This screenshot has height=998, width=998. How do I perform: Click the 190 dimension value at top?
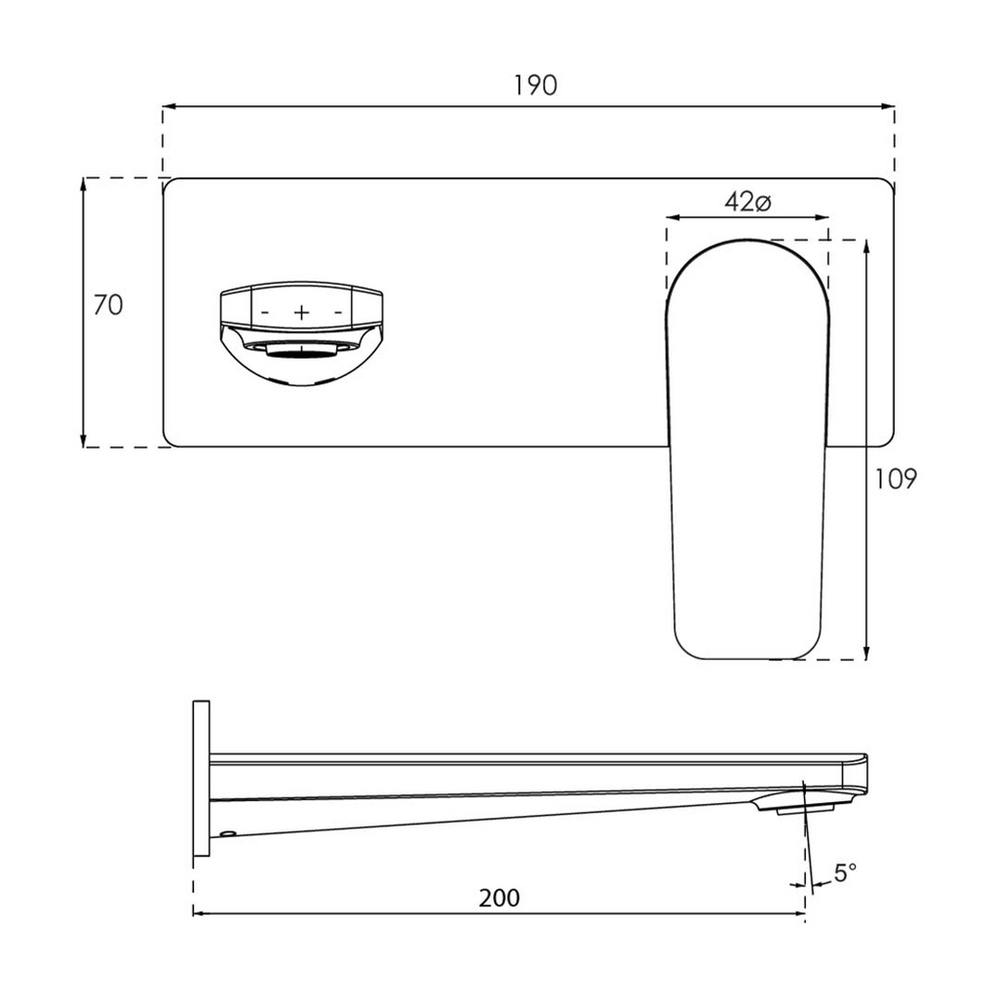click(535, 86)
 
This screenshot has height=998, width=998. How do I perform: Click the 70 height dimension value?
click(108, 305)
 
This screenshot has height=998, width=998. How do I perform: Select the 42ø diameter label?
click(748, 202)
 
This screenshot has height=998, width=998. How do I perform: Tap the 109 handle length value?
click(896, 480)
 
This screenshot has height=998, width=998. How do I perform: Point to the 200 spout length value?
click(499, 898)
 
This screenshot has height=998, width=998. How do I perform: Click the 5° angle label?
click(845, 872)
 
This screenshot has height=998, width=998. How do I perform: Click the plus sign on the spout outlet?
click(302, 312)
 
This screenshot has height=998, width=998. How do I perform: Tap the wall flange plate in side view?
click(201, 778)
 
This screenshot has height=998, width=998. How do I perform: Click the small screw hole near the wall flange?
click(227, 833)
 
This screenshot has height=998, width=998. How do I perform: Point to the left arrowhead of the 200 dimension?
click(200, 913)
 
